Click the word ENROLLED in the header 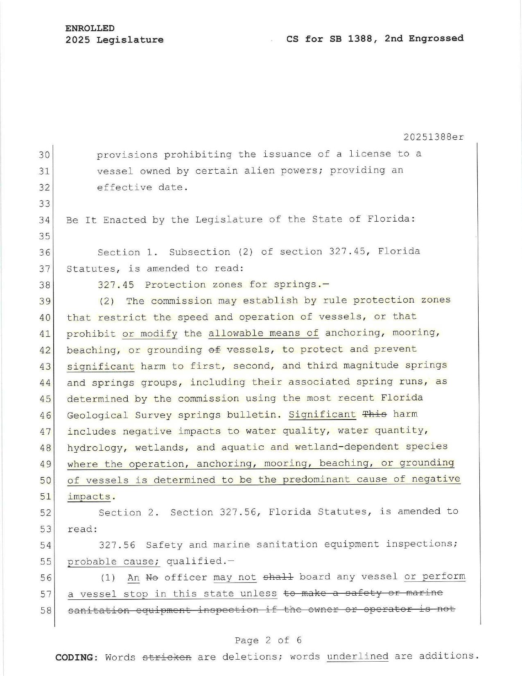point(90,28)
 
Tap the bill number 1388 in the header point(361,39)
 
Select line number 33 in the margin point(44,204)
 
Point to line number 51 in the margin point(45,497)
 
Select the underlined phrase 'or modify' point(149,333)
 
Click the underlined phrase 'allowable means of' point(263,333)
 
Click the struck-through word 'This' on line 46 point(375,414)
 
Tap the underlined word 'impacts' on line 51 point(88,497)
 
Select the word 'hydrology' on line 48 point(95,447)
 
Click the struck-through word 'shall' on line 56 point(278,577)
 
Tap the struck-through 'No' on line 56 point(152,578)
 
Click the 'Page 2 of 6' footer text point(268,640)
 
